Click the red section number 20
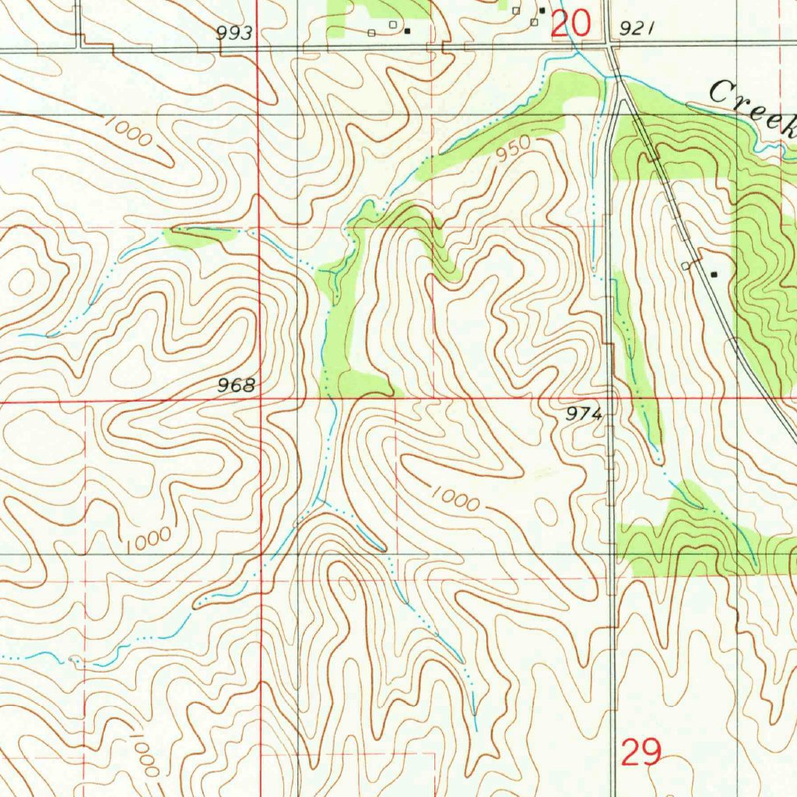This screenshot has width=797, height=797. click(x=571, y=24)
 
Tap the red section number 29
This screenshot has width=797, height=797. click(x=642, y=753)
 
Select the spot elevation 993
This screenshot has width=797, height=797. click(x=234, y=32)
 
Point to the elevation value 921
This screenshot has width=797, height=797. click(x=634, y=29)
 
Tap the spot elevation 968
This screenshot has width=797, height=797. click(x=237, y=385)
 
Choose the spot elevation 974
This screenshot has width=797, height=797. click(x=585, y=415)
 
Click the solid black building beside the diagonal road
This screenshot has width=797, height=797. click(x=714, y=274)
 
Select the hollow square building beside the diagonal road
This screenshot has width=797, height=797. click(x=686, y=266)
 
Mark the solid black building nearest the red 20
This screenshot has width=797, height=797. click(x=542, y=10)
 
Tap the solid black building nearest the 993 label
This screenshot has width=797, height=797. click(x=406, y=31)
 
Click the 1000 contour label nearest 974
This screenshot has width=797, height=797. click(x=455, y=498)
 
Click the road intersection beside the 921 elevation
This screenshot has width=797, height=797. click(x=609, y=48)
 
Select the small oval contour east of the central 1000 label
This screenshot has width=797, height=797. click(x=546, y=511)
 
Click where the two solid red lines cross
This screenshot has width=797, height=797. click(x=258, y=401)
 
